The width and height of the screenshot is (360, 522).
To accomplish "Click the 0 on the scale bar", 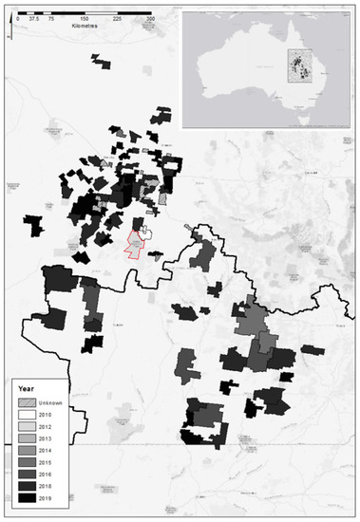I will click(x=18, y=18).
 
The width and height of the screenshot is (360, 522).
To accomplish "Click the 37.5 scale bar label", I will click(x=34, y=18).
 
